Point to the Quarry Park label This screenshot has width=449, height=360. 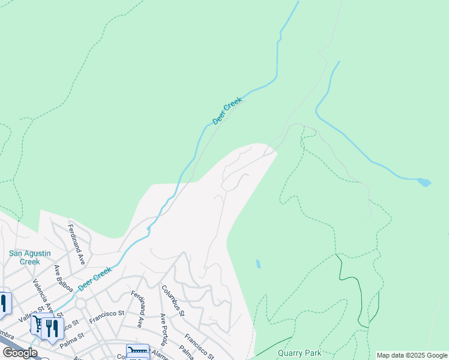[300, 353]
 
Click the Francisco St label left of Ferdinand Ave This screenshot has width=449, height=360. [107, 316]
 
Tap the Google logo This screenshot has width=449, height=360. [20, 353]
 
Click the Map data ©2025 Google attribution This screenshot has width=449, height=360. [412, 355]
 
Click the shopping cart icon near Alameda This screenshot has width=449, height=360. [137, 352]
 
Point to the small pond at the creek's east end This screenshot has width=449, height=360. [424, 182]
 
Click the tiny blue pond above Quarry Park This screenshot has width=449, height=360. [258, 263]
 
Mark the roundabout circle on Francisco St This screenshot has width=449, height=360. [80, 304]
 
